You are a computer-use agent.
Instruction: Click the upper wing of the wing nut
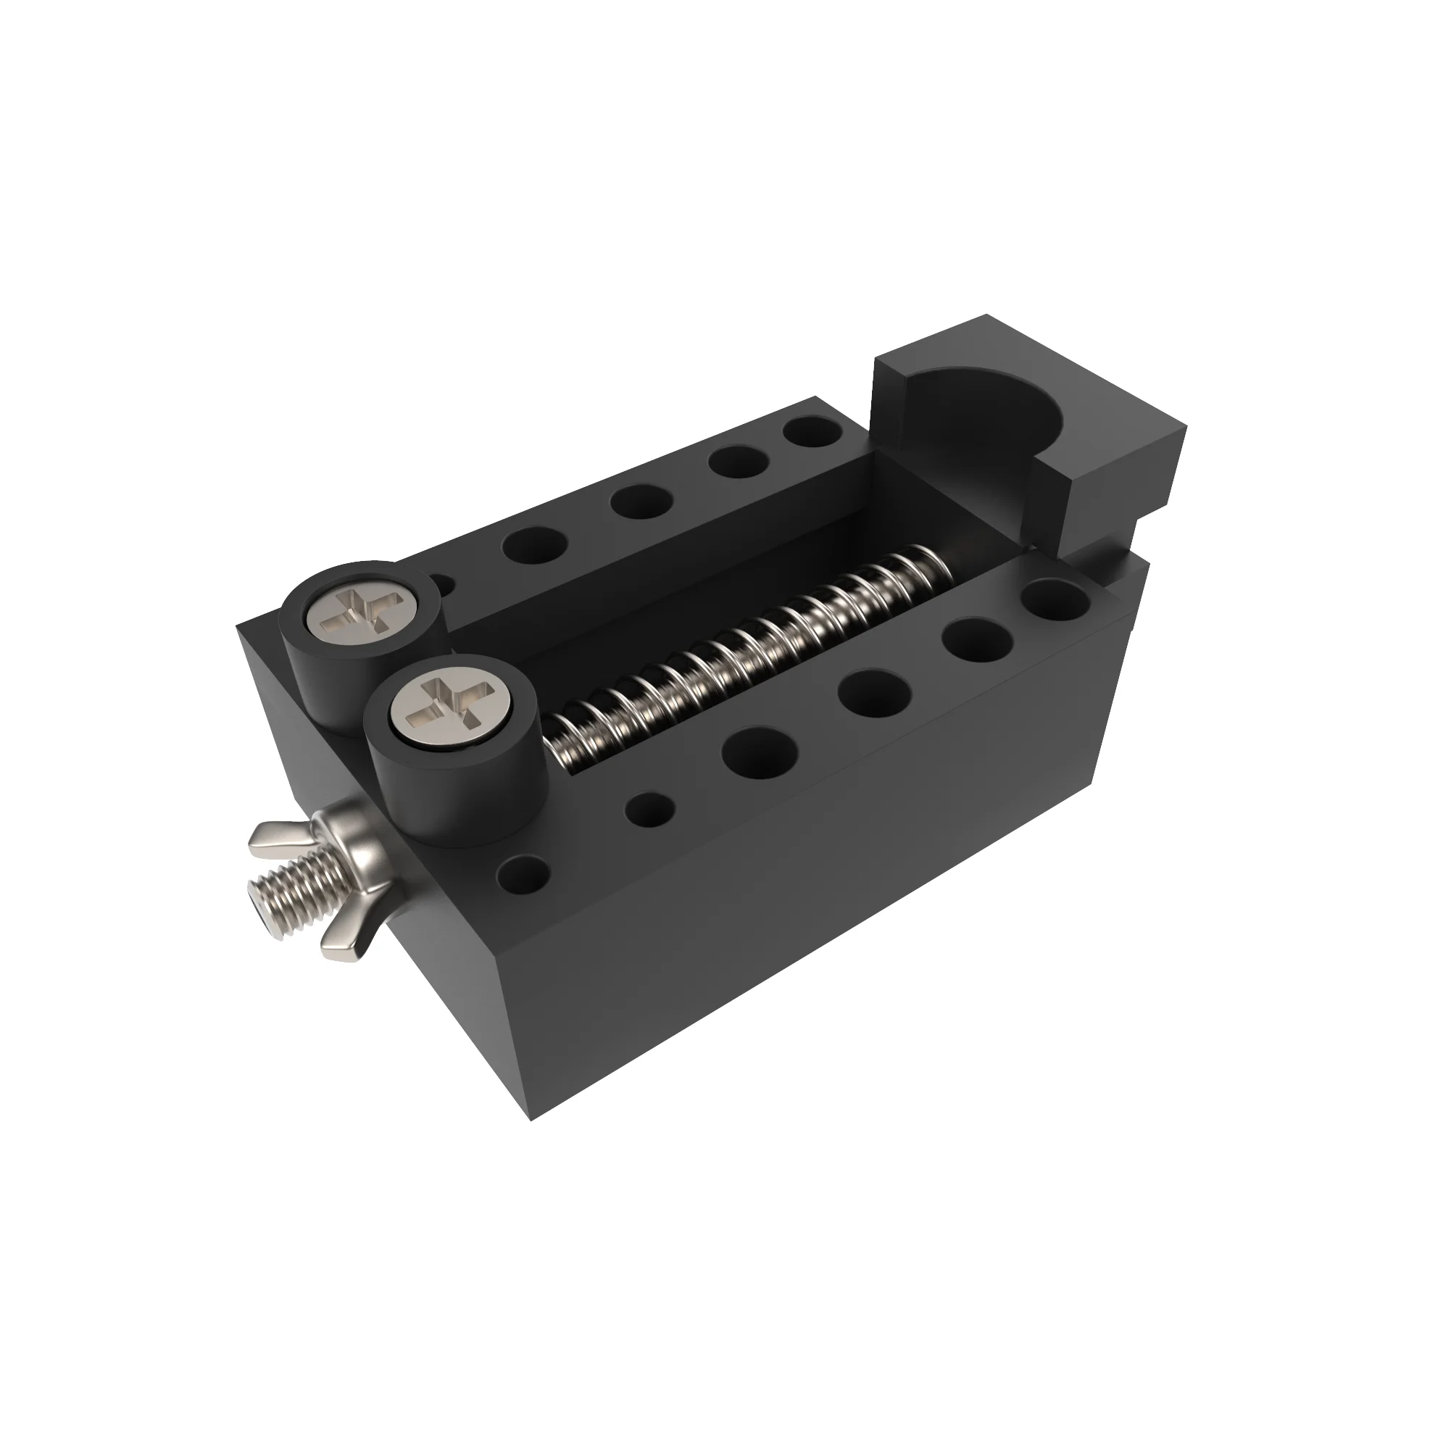pos(278,833)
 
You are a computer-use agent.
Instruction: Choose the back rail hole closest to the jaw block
pos(812,433)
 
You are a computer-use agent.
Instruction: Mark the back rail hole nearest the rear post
pos(533,544)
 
